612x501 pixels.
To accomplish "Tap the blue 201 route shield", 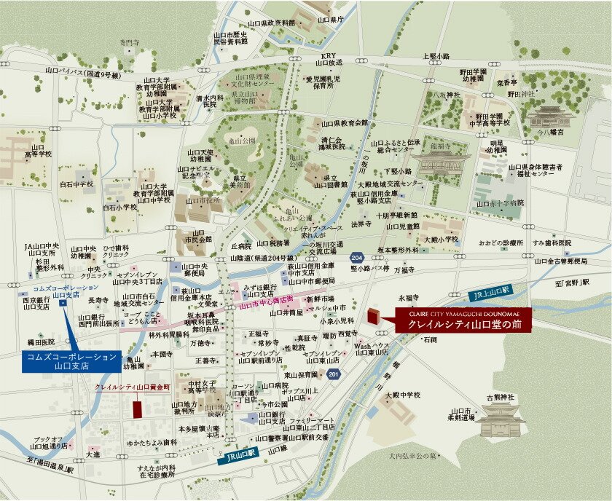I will pyautogui.click(x=333, y=374).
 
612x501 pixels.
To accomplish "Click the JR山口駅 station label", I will pyautogui.click(x=241, y=459).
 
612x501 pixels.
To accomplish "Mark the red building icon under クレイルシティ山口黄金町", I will pyautogui.click(x=137, y=408).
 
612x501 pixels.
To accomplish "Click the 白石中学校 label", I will pyautogui.click(x=76, y=185).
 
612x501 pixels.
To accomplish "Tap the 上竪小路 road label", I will pyautogui.click(x=437, y=55).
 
